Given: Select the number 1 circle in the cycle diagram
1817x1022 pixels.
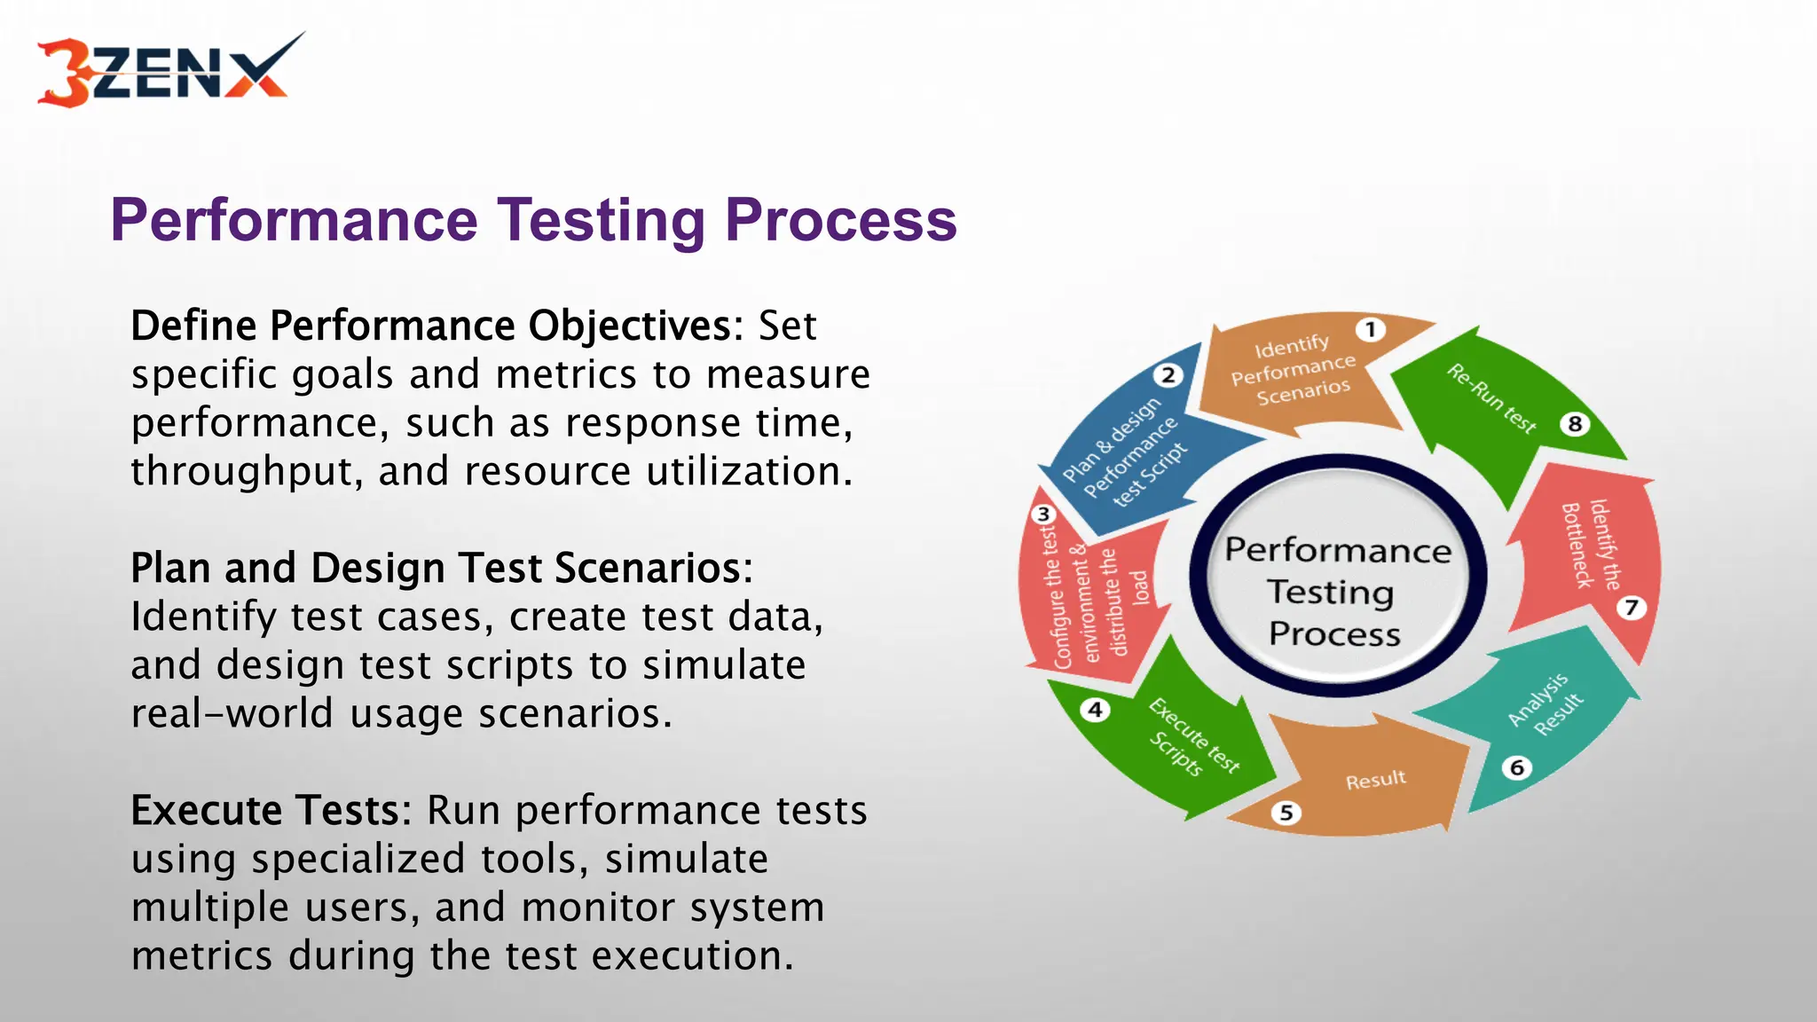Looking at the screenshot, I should click(1371, 330).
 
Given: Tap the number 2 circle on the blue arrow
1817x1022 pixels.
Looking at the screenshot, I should click(1168, 375).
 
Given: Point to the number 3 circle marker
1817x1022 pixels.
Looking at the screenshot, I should click(1043, 515).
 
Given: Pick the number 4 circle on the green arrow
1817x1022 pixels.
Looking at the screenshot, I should click(1096, 710).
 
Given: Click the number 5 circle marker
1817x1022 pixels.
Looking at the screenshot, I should click(1286, 813).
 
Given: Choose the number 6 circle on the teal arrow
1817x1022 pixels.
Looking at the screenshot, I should click(1517, 767).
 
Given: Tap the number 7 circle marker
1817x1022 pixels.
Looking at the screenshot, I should click(1631, 608).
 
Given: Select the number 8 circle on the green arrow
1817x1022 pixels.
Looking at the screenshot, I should click(1575, 424).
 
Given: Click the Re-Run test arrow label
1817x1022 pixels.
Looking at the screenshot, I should click(1491, 398).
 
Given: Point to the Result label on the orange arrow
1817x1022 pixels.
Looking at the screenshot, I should click(1375, 781).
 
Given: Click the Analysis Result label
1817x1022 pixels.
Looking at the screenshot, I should click(1546, 704).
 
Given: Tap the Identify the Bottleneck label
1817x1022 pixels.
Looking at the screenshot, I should click(1590, 544).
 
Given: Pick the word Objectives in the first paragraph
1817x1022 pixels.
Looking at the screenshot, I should click(635, 326).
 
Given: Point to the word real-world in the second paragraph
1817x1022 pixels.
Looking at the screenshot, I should click(231, 713).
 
